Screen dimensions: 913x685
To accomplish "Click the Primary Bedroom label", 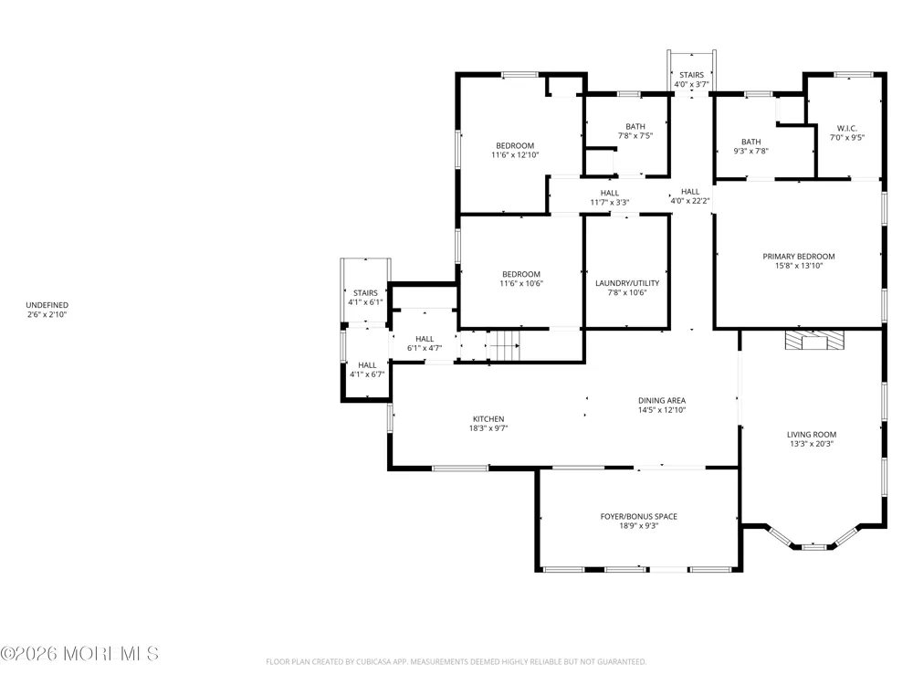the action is (x=798, y=261).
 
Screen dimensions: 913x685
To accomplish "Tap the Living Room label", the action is (x=811, y=438).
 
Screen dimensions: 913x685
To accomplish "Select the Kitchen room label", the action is (x=488, y=424).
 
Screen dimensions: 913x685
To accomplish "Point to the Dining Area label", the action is (x=661, y=405).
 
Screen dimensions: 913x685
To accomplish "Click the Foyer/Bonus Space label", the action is (x=639, y=521).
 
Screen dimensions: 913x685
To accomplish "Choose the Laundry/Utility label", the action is (x=627, y=288).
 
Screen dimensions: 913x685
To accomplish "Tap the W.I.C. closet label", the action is (x=846, y=132).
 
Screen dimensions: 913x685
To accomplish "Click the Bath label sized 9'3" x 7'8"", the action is (x=750, y=146).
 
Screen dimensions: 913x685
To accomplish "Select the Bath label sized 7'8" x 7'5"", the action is (x=635, y=131).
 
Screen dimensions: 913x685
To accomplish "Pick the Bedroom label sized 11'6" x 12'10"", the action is (x=515, y=151).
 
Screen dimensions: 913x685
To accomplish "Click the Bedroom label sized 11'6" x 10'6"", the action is (x=521, y=279).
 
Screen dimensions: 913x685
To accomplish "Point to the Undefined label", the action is (x=47, y=310).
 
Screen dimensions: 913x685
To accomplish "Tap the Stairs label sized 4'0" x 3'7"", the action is (x=691, y=79).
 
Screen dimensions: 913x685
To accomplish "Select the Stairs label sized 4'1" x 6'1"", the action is (x=365, y=298).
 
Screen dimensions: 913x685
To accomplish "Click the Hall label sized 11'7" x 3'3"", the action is (x=610, y=197).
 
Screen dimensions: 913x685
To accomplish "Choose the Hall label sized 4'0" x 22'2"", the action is (x=690, y=195).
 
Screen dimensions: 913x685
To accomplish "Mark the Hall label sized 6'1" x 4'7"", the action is (x=425, y=343).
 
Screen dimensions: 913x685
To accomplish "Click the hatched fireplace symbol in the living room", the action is (x=814, y=340).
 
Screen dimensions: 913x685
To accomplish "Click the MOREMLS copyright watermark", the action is (x=79, y=654).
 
